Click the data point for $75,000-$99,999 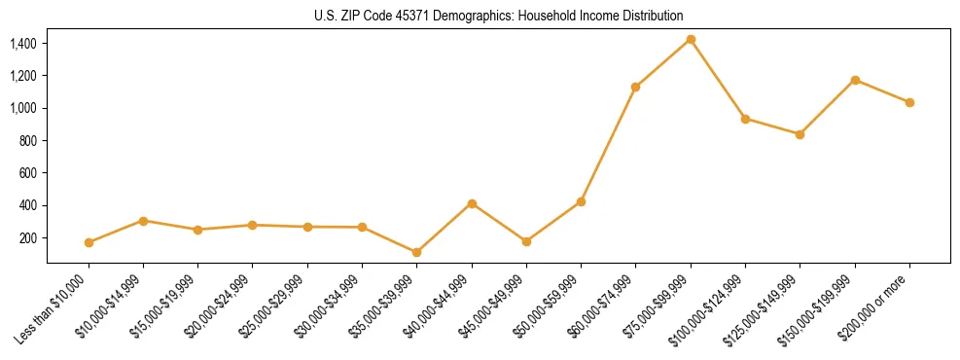click(x=691, y=39)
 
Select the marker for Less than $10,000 click(x=89, y=242)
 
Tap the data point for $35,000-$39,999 click(x=416, y=252)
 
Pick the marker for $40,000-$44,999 click(x=472, y=203)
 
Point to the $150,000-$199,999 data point click(x=855, y=80)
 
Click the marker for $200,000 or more click(x=909, y=102)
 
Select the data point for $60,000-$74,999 click(x=635, y=87)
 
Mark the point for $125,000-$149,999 click(x=800, y=134)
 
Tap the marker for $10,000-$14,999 click(x=143, y=221)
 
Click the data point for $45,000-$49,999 click(x=526, y=241)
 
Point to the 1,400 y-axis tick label click(x=23, y=43)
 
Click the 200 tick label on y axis click(x=28, y=237)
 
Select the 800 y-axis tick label click(x=28, y=140)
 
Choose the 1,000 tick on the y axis click(x=23, y=108)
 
